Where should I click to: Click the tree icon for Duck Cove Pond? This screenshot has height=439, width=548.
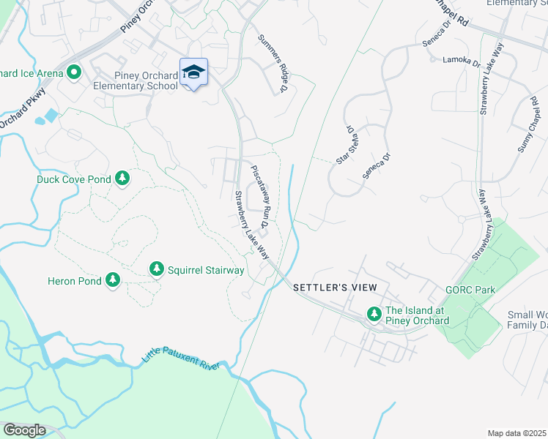(122, 179)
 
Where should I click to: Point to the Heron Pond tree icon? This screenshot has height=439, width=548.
(112, 279)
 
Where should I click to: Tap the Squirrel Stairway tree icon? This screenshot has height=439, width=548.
(156, 270)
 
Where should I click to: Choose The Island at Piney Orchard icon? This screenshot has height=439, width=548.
(374, 314)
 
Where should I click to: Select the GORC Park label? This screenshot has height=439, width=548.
(470, 290)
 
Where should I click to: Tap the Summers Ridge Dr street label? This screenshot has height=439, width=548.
(272, 64)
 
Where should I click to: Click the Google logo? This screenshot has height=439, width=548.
(24, 430)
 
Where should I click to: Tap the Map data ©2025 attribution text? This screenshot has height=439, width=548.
(517, 433)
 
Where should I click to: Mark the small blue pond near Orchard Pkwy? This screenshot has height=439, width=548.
(51, 116)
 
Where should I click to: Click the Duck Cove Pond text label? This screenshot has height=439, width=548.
(74, 179)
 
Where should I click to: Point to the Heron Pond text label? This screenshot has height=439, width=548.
(73, 280)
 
